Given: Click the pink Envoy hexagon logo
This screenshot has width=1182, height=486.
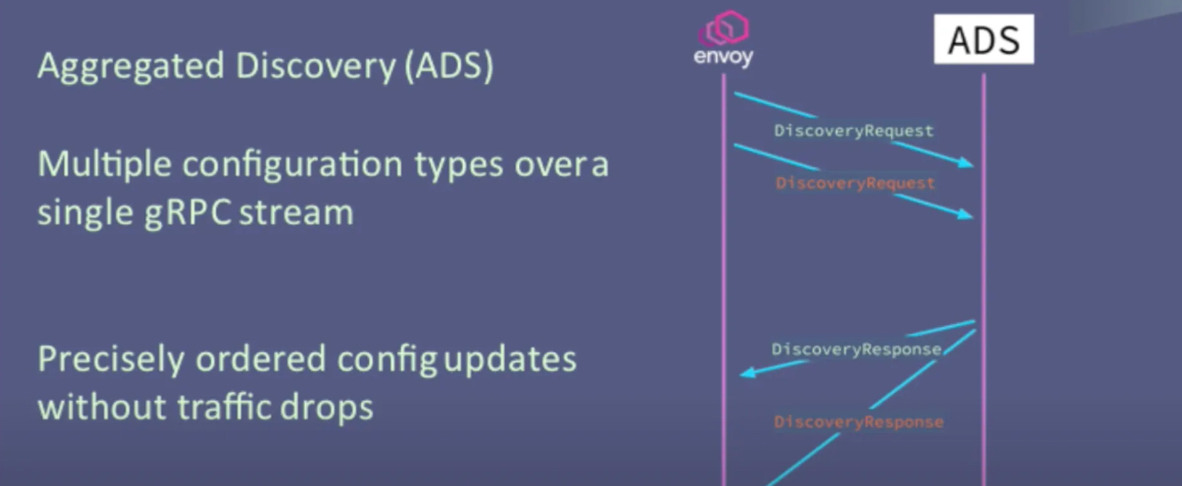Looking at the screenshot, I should (x=724, y=29).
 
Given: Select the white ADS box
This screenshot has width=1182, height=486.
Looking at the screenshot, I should (x=983, y=39).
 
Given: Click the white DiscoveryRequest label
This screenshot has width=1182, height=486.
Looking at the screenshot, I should (x=854, y=131).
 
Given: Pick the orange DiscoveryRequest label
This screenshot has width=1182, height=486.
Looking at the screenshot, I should (x=855, y=184).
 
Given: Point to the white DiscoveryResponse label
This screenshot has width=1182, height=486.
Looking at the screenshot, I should (x=856, y=350).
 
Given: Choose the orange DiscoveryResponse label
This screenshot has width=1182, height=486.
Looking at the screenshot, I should (x=859, y=422).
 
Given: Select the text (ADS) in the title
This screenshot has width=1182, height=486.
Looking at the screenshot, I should (x=447, y=68).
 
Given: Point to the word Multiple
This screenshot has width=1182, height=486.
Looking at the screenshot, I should (x=100, y=165).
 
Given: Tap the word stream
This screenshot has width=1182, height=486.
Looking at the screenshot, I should (x=299, y=212).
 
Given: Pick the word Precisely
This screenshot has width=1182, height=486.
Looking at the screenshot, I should (x=109, y=360).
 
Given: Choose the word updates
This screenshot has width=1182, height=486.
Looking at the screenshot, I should (x=511, y=360).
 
